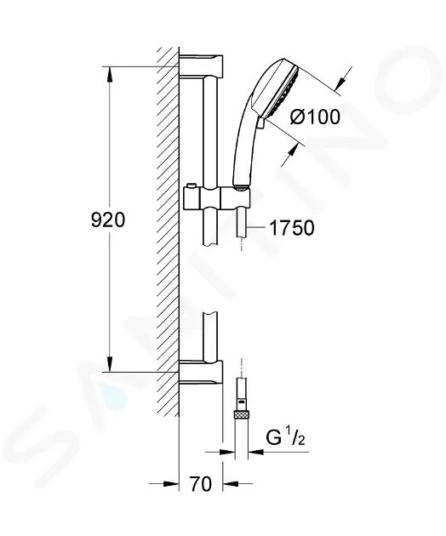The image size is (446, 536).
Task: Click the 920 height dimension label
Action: (108, 220)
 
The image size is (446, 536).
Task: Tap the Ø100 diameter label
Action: (315, 117)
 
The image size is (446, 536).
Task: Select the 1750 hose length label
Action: (292, 228)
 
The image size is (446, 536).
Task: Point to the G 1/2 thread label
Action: (285, 438)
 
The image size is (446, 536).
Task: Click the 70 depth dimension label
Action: (201, 484)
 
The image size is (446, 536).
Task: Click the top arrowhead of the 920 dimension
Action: (109, 74)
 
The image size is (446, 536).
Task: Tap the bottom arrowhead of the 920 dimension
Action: (109, 364)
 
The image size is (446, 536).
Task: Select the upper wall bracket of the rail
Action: (201, 66)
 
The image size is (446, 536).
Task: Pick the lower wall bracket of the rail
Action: (201, 373)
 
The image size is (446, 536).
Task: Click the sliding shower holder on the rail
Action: (217, 197)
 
